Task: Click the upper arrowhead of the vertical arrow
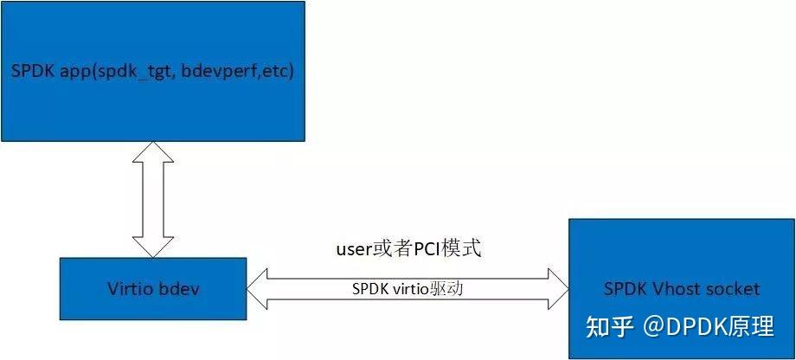152,151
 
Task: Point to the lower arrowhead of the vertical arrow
152,247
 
